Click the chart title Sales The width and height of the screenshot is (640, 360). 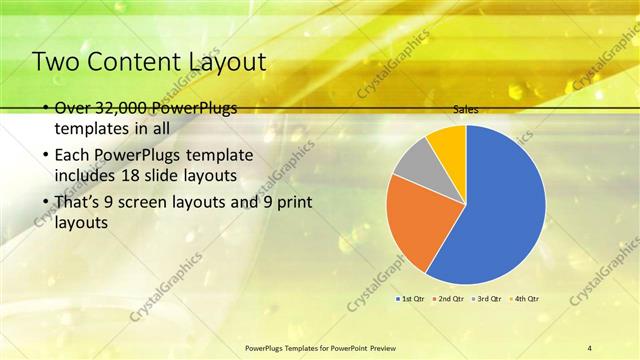[465, 109]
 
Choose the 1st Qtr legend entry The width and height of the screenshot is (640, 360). [411, 299]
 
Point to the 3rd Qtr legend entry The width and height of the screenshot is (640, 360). [486, 299]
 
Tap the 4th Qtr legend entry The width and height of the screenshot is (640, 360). [524, 299]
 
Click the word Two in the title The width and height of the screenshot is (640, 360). [54, 62]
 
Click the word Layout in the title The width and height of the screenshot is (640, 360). [227, 62]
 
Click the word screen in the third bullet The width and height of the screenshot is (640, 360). [164, 202]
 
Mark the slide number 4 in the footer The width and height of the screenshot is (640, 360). [590, 347]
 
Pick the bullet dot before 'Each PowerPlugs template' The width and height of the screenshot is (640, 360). [46, 157]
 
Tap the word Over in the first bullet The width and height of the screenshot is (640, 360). [72, 109]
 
